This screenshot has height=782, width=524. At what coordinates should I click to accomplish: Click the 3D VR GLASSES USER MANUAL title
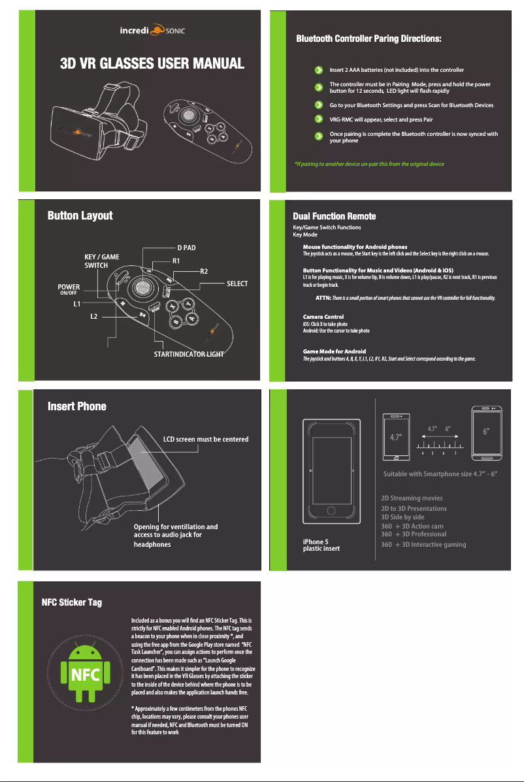pos(152,63)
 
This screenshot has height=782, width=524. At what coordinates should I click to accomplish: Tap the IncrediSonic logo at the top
pos(151,30)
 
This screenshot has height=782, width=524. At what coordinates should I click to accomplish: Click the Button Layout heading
pos(80,216)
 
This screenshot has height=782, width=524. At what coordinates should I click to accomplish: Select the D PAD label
pos(187,248)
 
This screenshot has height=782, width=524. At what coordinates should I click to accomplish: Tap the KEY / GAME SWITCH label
pos(102,261)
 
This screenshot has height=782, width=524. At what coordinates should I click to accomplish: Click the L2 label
pos(94,316)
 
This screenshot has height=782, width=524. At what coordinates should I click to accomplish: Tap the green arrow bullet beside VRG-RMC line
pos(318,120)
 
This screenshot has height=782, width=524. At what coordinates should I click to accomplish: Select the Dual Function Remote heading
pos(334,216)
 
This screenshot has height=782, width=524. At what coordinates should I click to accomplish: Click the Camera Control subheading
pos(323,317)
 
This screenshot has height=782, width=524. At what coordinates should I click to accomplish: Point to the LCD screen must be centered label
pos(205,439)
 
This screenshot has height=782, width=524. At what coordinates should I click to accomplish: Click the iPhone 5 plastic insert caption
pos(321,545)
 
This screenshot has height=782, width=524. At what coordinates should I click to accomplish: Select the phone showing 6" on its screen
pos(487,432)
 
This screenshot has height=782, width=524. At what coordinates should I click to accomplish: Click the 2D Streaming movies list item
pos(411,498)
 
